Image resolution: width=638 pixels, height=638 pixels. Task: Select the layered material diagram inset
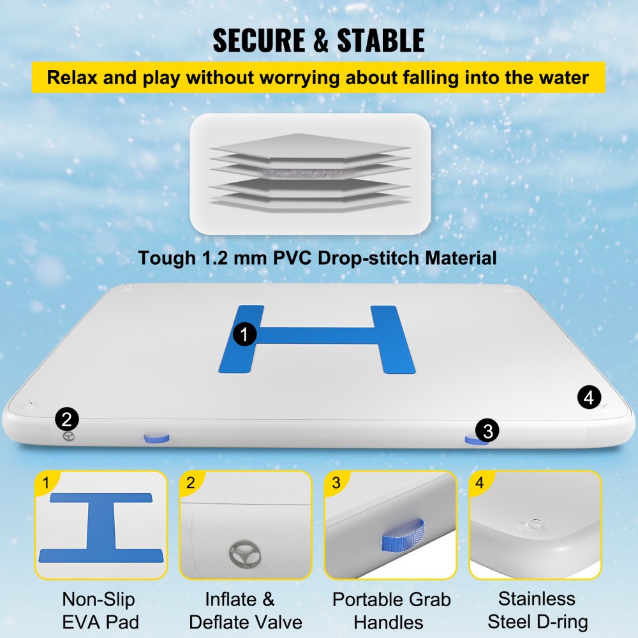[x=310, y=174]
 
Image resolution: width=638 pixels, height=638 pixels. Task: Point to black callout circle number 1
[x=244, y=334]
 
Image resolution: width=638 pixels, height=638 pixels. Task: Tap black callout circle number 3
[x=487, y=431]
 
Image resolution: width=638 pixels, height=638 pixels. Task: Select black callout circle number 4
[x=589, y=397]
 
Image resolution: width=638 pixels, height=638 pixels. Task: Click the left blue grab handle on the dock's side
[x=155, y=438]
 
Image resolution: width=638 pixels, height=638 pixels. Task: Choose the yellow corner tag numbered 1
[x=46, y=483]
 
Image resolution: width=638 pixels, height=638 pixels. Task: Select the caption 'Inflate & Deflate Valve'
[x=246, y=610]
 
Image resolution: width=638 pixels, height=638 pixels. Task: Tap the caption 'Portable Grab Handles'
[x=391, y=610]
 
